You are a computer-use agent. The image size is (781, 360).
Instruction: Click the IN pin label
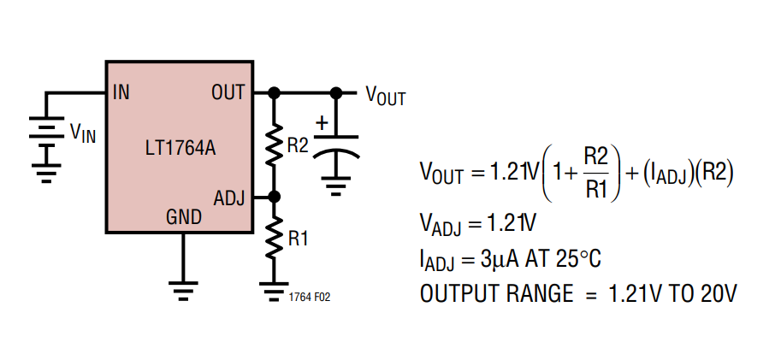[121, 92]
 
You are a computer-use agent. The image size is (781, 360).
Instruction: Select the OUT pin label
[228, 92]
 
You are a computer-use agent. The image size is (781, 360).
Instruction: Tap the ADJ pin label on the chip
[229, 198]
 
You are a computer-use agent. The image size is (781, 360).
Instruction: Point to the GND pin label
[184, 217]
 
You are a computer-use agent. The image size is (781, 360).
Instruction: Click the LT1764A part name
[180, 149]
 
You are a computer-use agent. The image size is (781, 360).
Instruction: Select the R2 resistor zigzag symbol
[274, 145]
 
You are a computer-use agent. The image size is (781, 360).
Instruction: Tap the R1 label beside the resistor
[298, 239]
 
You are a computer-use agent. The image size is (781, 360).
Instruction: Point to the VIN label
[83, 133]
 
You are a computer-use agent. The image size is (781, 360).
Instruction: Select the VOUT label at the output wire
[386, 95]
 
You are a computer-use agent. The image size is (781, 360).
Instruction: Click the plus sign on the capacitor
[322, 122]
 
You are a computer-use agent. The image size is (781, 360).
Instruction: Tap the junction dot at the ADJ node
[274, 198]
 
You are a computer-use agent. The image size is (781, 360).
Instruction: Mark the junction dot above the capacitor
[336, 92]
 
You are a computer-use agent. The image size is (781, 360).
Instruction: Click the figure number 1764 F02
[310, 298]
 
